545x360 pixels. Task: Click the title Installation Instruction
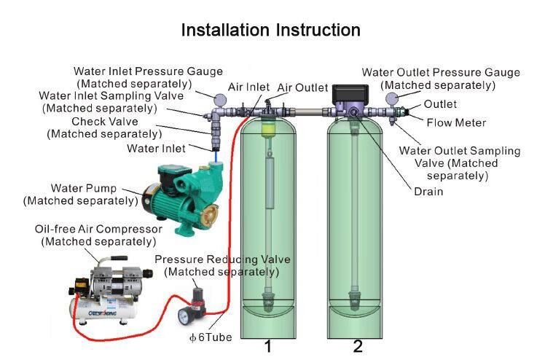click(x=270, y=31)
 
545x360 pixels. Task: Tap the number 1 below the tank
click(x=268, y=346)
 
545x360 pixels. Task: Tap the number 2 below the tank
click(x=358, y=346)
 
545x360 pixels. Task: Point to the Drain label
click(x=428, y=192)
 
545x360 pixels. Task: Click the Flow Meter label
click(x=456, y=122)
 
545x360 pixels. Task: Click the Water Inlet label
click(x=156, y=149)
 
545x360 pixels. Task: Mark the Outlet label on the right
click(x=440, y=104)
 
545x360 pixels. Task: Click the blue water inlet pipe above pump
click(x=216, y=154)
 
